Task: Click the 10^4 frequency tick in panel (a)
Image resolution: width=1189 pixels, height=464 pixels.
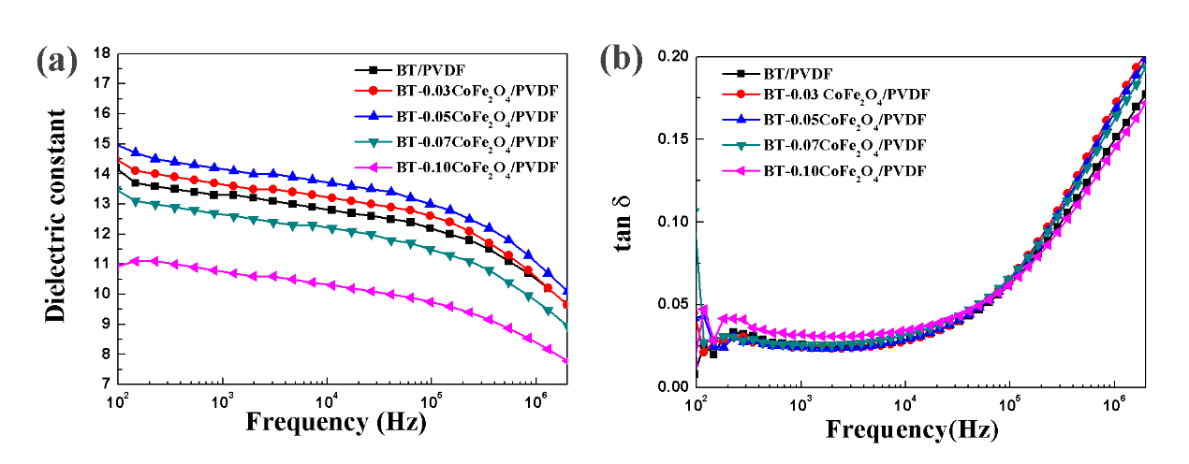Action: (326, 401)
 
